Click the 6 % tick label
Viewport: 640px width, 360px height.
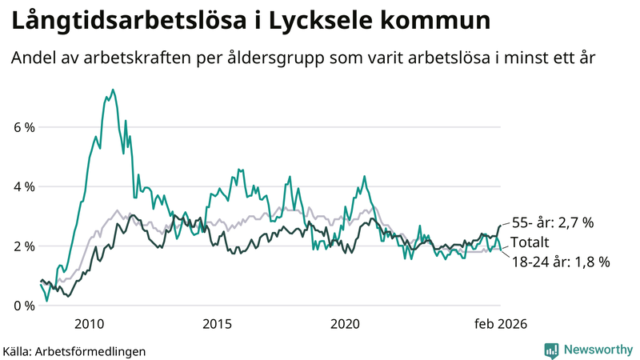[23, 127]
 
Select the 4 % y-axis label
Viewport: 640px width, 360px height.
[23, 186]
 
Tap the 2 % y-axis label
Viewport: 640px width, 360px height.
[23, 246]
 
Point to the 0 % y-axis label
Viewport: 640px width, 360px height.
[23, 306]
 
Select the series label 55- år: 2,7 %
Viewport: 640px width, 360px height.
[552, 223]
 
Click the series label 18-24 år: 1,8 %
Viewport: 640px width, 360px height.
[559, 261]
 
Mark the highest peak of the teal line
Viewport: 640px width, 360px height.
[113, 90]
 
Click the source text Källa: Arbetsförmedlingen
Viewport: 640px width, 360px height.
[74, 350]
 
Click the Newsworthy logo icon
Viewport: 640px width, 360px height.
[551, 350]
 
